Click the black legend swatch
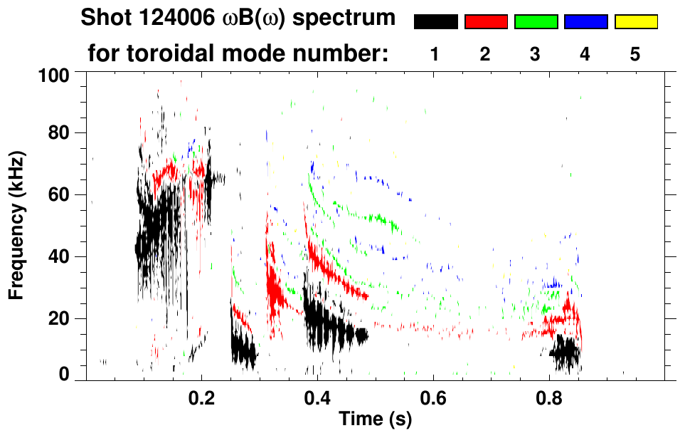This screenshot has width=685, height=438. (435, 22)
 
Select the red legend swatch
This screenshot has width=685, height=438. (486, 22)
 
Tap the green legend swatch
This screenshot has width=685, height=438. (536, 22)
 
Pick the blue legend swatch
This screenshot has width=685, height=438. (585, 22)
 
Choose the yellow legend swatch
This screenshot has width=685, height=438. (636, 22)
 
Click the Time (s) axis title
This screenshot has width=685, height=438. (375, 419)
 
